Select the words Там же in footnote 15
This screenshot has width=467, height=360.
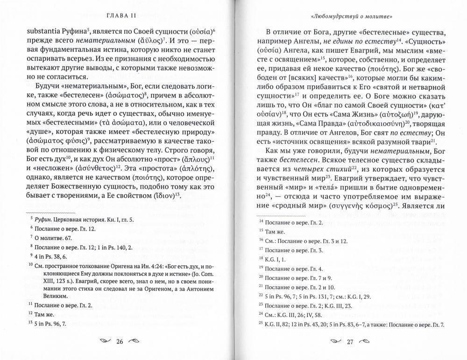point(276,230)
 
